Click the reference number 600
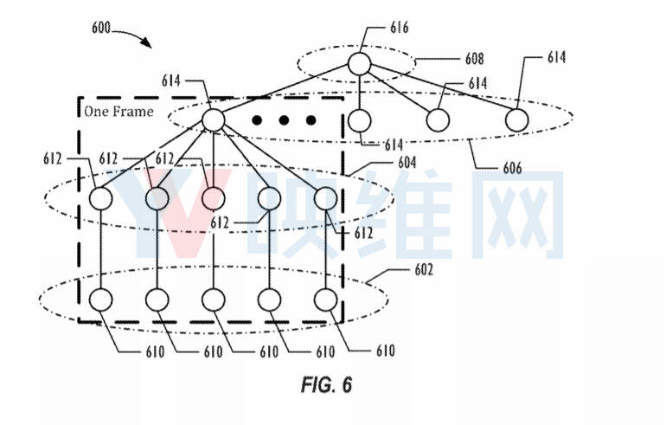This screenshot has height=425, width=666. tap(101, 28)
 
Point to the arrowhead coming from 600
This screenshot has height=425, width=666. tap(146, 42)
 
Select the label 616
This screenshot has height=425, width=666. tap(400, 28)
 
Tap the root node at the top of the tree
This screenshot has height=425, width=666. tap(359, 64)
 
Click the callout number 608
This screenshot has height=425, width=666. tap(474, 59)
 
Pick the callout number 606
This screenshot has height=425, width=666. tap(512, 168)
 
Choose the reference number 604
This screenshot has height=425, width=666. tap(407, 163)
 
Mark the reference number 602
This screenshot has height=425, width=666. tap(424, 270)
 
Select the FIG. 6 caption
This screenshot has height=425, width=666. tap(326, 384)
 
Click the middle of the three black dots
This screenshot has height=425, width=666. tap(284, 120)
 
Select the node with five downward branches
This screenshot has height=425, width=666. tap(214, 119)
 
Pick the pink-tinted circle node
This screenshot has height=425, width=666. tap(214, 198)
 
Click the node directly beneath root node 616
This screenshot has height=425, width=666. tap(359, 120)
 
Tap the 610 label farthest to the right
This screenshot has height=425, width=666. tap(386, 351)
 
